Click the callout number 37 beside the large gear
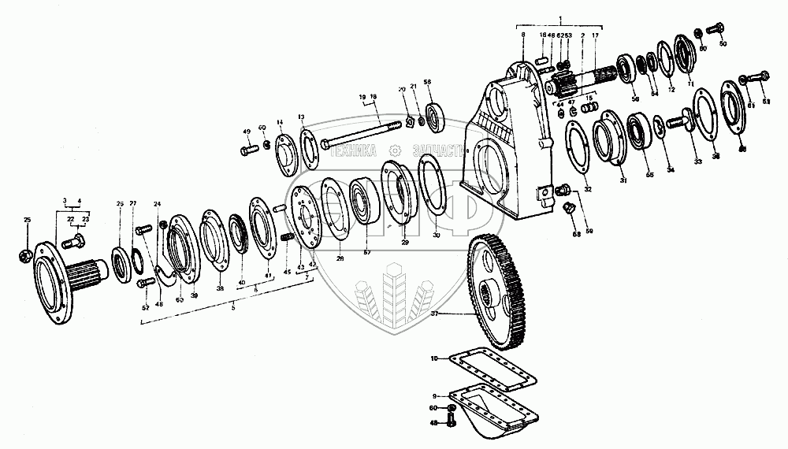pyautogui.click(x=433, y=314)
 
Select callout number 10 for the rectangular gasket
pyautogui.click(x=433, y=359)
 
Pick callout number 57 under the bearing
pyautogui.click(x=366, y=251)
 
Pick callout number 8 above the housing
pyautogui.click(x=522, y=35)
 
